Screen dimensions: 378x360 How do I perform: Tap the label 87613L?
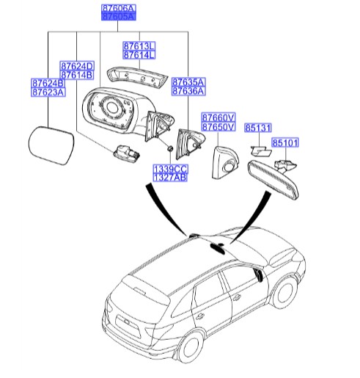pyautogui.click(x=139, y=45)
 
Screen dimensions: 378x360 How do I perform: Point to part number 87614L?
pyautogui.click(x=139, y=54)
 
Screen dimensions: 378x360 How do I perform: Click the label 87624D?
pyautogui.click(x=76, y=65)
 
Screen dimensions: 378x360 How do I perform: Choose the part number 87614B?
pyautogui.click(x=76, y=75)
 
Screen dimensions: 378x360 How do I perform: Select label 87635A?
pyautogui.click(x=188, y=81)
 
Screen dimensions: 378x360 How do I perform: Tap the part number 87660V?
pyautogui.click(x=218, y=117)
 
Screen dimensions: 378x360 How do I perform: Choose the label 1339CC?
pyautogui.click(x=169, y=168)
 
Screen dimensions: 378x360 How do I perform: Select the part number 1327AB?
pyautogui.click(x=169, y=178)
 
